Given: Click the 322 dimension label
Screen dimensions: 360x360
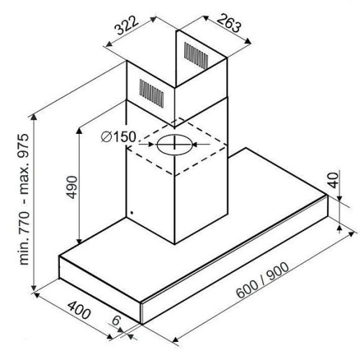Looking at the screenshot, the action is (127, 25).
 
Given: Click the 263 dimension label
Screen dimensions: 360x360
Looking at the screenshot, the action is (229, 23).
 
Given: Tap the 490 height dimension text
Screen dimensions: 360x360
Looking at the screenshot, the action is (72, 187).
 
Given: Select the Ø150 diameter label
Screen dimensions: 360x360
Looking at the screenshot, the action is (119, 137).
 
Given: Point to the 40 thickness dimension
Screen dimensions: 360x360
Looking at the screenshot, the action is (333, 180).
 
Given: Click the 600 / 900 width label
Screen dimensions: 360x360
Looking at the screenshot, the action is (263, 280).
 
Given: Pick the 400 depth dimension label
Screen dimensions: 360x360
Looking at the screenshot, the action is (79, 310).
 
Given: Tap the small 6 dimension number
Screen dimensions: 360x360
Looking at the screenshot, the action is (116, 320).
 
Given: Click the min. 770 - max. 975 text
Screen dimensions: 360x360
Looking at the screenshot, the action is (24, 199).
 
